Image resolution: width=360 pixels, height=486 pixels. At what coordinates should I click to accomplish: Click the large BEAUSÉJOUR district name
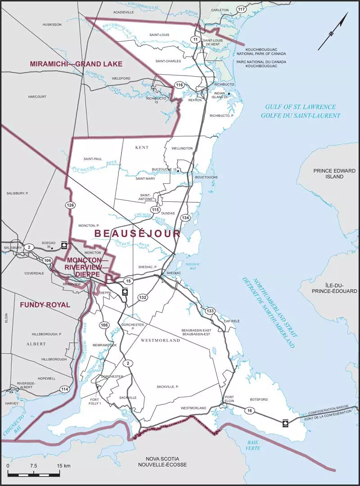pos(137,233)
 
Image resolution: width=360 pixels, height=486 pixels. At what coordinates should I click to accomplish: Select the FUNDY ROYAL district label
pos(45,305)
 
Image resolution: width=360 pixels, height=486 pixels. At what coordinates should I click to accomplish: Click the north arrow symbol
pos(333,31)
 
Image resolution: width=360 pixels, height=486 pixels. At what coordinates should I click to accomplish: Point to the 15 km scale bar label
pos(63,465)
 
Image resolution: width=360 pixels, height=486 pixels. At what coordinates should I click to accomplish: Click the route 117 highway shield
pos(242,9)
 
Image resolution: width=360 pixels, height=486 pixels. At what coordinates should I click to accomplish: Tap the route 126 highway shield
pos(70,205)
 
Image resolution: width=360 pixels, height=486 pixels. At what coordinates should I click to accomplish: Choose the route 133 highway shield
pos(210,311)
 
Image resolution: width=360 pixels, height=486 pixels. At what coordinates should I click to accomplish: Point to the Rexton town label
pos(195,100)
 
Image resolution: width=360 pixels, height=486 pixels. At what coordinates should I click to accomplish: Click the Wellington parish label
pos(182,148)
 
